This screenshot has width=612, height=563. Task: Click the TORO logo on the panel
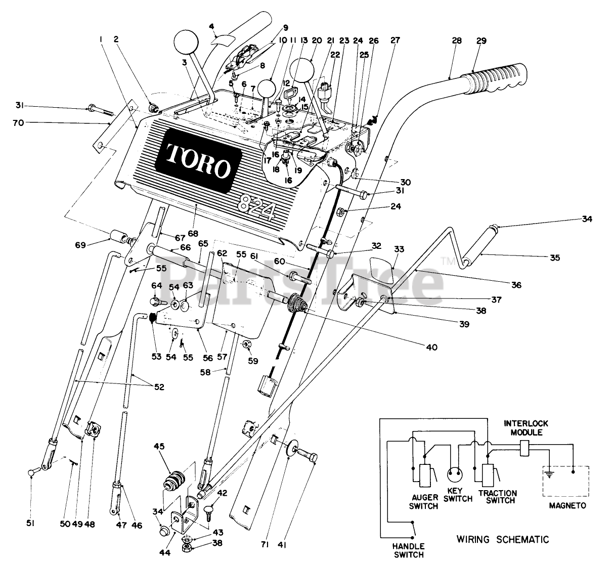tap(198, 160)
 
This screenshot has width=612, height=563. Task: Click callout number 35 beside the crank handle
tap(555, 258)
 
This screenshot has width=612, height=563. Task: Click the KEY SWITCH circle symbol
tap(455, 475)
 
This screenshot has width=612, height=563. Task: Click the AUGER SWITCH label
tap(423, 502)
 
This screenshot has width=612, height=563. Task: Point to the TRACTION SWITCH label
tap(498, 497)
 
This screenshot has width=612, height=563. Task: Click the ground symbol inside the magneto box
tap(549, 474)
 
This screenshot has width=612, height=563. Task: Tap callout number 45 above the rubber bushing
tap(159, 447)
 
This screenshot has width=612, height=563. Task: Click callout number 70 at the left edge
tap(18, 123)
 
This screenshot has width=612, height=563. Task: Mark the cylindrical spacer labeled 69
tap(119, 236)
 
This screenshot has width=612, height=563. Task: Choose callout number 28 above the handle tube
tap(457, 40)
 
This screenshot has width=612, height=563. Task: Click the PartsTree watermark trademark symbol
tap(448, 261)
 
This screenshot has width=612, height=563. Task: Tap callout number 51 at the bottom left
tap(30, 524)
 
